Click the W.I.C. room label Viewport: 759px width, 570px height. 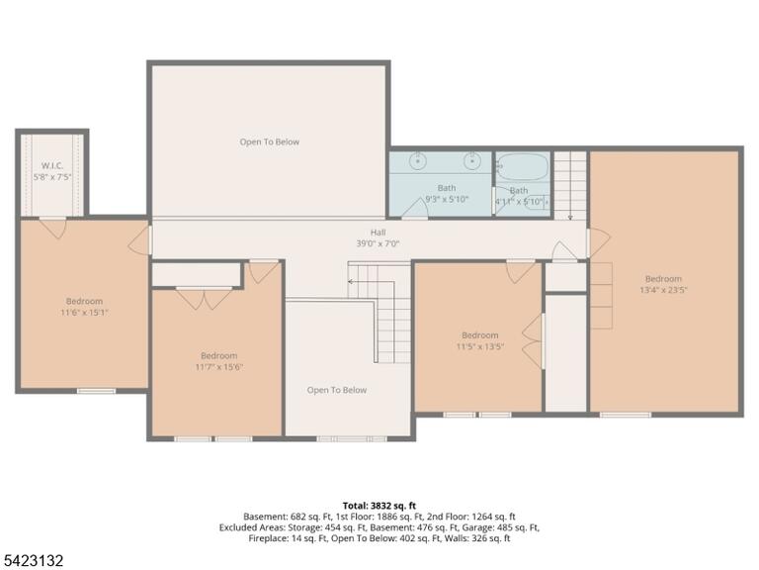pyautogui.click(x=51, y=166)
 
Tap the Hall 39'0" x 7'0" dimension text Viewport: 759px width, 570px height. pyautogui.click(x=378, y=243)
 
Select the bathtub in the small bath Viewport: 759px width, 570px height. pyautogui.click(x=523, y=166)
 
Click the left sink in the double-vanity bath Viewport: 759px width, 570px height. pyautogui.click(x=417, y=161)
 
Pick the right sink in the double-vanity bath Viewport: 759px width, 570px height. pyautogui.click(x=472, y=161)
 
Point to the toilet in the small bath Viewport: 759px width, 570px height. pyautogui.click(x=537, y=202)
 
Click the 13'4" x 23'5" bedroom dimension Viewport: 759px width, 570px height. pyautogui.click(x=663, y=290)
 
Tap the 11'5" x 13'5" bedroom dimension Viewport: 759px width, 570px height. pyautogui.click(x=479, y=346)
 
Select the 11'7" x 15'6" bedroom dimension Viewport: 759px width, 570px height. pyautogui.click(x=218, y=367)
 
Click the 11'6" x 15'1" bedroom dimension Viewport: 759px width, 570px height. pyautogui.click(x=84, y=313)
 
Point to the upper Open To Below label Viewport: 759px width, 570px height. pyautogui.click(x=270, y=142)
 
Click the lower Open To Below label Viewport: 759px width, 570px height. pyautogui.click(x=337, y=390)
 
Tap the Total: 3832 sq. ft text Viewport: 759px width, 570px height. pyautogui.click(x=379, y=506)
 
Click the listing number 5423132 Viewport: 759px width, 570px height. pyautogui.click(x=32, y=561)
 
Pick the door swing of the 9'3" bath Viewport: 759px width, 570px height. pyautogui.click(x=414, y=209)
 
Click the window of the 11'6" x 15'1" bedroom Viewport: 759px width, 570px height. pyautogui.click(x=96, y=391)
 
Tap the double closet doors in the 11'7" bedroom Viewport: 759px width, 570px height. pyautogui.click(x=205, y=299)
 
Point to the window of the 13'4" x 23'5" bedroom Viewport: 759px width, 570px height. pyautogui.click(x=626, y=415)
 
